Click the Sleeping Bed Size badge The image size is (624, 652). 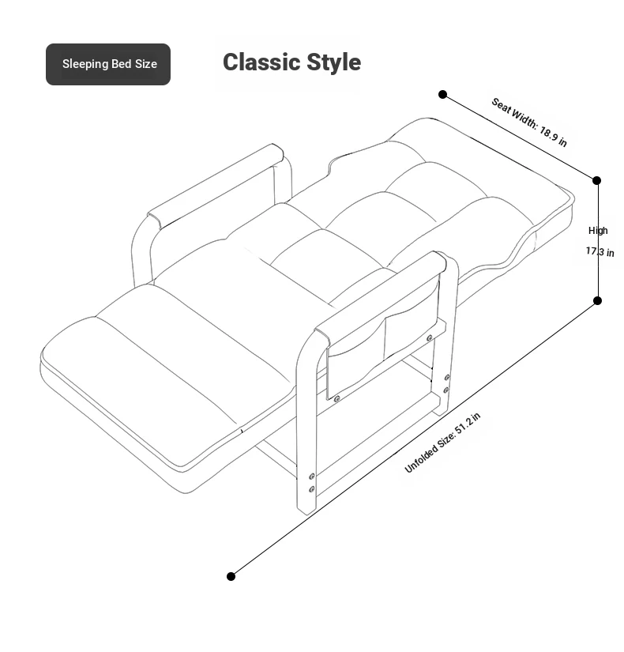[108, 65]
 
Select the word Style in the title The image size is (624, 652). [334, 62]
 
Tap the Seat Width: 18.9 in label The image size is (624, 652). [529, 122]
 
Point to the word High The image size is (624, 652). [598, 230]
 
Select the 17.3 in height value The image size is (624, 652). [600, 251]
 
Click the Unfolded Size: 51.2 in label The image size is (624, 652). [442, 443]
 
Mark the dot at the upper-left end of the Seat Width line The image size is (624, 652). [443, 94]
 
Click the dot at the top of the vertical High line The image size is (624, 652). [596, 180]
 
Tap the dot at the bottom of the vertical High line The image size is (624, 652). [597, 300]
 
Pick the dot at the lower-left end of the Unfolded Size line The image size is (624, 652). [231, 576]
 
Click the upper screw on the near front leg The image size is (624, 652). [312, 477]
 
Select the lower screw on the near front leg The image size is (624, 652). [312, 489]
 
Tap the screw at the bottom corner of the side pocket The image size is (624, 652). [336, 399]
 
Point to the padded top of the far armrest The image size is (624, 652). [216, 186]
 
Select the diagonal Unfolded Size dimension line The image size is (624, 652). [414, 439]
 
